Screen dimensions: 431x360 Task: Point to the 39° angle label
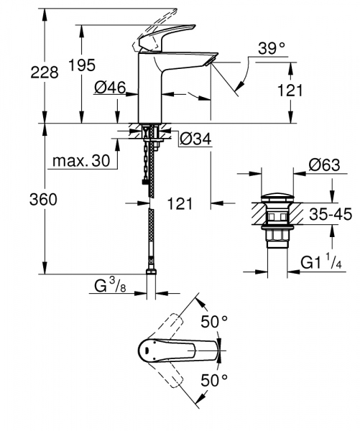coord(272,50)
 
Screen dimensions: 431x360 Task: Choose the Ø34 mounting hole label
coord(194,138)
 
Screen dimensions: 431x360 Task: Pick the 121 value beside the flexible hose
coord(180,204)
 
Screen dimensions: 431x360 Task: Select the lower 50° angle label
coord(213,379)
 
